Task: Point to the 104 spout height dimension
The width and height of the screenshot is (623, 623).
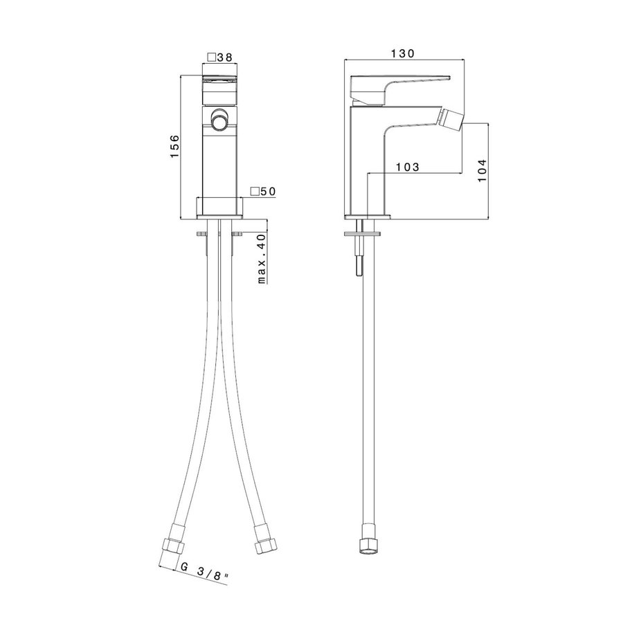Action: [x=482, y=171]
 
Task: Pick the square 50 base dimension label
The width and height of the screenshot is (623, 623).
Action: [x=262, y=191]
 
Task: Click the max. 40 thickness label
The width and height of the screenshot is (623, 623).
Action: [x=262, y=258]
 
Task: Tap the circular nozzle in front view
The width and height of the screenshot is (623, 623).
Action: [x=219, y=123]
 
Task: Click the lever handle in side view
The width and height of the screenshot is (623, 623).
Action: [x=395, y=87]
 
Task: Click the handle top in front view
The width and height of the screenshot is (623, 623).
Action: [x=219, y=78]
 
